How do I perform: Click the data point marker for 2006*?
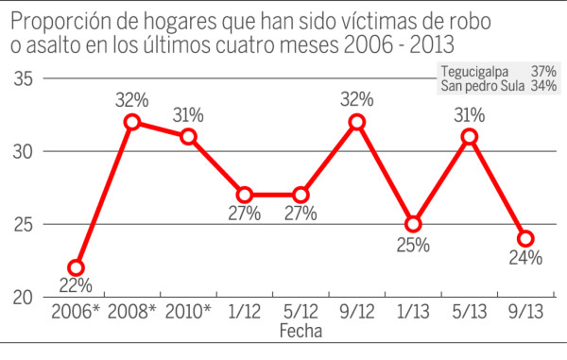click(x=76, y=267)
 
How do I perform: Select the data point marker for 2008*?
click(x=132, y=122)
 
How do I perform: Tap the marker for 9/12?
click(x=356, y=122)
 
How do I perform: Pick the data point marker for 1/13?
click(x=413, y=224)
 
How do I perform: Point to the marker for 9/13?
click(x=525, y=238)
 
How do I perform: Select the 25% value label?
click(x=413, y=245)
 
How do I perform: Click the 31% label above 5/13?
click(x=469, y=115)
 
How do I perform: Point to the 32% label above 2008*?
click(x=132, y=99)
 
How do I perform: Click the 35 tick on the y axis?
click(x=25, y=79)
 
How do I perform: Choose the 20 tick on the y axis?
click(x=25, y=297)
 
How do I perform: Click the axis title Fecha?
click(x=301, y=332)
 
